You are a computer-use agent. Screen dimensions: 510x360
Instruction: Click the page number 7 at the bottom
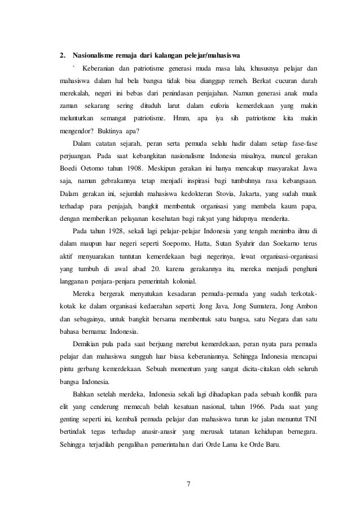[188, 483]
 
